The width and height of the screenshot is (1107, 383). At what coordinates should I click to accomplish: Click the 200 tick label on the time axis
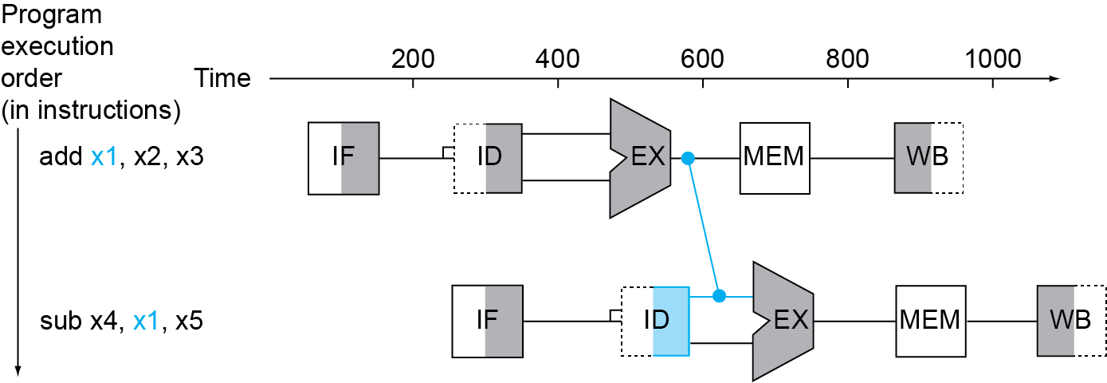413,59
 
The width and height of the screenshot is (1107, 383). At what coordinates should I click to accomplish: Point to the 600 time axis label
702,59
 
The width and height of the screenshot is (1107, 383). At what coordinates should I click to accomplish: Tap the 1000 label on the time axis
993,59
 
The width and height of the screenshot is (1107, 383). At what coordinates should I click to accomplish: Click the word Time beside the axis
222,78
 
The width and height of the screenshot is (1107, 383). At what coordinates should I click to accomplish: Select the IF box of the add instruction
343,158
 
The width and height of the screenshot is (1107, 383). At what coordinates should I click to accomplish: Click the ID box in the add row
488,158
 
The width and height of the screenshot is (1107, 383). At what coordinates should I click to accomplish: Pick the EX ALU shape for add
641,158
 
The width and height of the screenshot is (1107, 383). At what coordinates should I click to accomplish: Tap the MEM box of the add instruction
775,158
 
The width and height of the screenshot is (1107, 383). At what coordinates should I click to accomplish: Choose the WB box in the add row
928,158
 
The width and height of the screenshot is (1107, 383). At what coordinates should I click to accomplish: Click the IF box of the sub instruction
487,321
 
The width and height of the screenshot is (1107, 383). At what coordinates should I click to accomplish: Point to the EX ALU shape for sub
783,321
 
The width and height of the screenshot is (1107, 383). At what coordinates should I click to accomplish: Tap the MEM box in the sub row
931,321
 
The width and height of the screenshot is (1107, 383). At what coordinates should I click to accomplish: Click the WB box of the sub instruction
1071,321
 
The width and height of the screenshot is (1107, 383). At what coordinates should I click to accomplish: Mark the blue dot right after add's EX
688,158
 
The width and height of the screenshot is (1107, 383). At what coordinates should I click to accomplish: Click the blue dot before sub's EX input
720,296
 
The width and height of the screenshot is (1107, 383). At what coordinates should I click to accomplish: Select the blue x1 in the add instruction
104,157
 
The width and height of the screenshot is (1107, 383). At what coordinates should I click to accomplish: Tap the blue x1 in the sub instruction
147,321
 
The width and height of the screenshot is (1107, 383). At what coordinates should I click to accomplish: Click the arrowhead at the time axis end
1055,78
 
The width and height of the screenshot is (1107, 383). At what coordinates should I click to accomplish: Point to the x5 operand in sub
189,321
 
